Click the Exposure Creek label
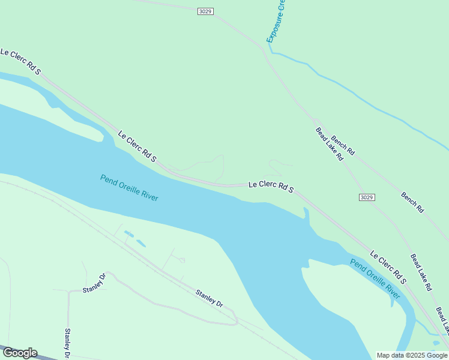(x=276, y=22)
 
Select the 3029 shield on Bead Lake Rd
(x=367, y=197)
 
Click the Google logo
(x=20, y=353)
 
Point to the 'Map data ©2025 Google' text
(x=412, y=355)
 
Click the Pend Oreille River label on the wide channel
(x=129, y=187)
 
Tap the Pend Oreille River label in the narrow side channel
(x=375, y=279)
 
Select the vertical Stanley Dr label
(x=68, y=343)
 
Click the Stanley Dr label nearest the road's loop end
(x=209, y=298)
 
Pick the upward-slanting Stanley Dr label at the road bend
(x=94, y=283)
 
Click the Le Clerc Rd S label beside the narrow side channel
(x=388, y=268)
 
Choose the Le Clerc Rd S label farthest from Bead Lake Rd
(x=20, y=62)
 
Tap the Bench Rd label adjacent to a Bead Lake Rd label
(x=343, y=145)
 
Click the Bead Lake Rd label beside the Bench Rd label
(x=329, y=144)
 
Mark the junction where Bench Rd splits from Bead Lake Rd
(x=315, y=120)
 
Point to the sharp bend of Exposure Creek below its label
(x=271, y=52)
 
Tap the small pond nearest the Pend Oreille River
(x=141, y=243)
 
